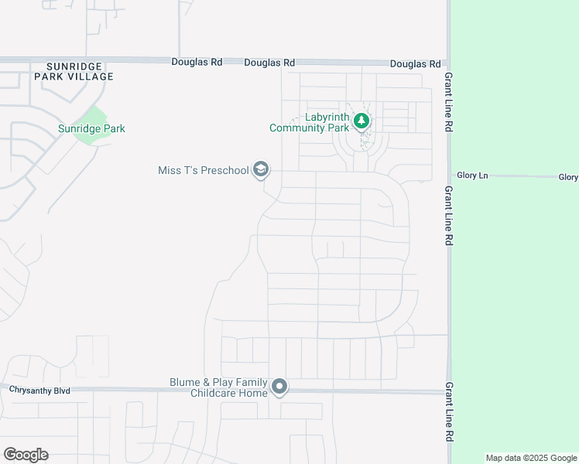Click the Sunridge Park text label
coord(91,129)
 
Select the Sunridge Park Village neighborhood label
coord(74,72)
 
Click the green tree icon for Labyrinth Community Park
coord(361,121)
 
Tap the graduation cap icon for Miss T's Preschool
coord(261,170)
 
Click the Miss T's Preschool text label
coord(203,170)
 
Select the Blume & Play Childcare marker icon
coord(280,387)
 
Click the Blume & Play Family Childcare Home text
coord(219,387)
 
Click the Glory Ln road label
coord(472,176)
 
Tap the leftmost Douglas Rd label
coord(196,61)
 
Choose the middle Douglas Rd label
coord(269,63)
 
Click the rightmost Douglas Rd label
coord(415,64)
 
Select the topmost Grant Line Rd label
coord(448,102)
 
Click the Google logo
coord(26,455)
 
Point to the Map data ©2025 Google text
coord(532,458)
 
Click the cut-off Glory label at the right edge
coord(568,177)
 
